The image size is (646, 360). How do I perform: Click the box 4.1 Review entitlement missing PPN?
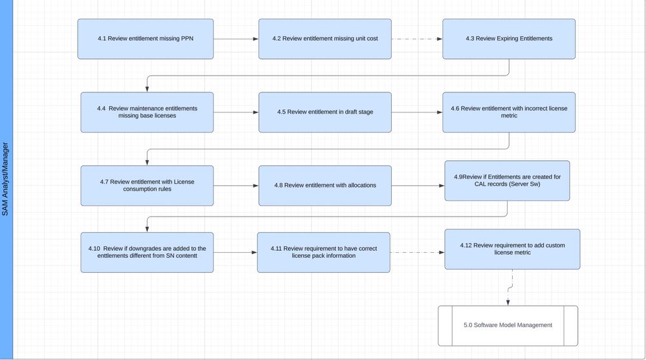145,39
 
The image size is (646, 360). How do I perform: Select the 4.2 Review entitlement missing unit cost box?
325,39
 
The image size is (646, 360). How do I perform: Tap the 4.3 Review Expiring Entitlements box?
509,39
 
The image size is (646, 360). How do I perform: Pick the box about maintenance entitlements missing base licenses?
147,112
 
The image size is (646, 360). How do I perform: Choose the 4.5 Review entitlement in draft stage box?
325,112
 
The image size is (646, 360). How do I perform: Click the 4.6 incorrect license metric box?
509,112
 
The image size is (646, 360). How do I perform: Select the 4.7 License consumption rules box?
147,185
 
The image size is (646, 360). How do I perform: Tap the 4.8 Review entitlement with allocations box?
325,185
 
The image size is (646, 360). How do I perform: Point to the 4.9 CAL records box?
507,180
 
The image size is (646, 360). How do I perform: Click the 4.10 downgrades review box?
147,252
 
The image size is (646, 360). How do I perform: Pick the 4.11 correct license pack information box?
323,252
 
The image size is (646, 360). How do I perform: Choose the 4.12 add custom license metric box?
512,249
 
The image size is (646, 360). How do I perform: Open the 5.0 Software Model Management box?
508,325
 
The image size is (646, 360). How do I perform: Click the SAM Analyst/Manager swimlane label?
6,180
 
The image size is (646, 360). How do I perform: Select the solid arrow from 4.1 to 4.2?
236,39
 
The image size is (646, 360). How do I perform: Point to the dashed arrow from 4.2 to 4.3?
416,39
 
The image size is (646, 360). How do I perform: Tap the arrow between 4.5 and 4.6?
416,112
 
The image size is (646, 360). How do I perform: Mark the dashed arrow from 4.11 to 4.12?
417,252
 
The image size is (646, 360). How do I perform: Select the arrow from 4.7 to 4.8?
236,186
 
